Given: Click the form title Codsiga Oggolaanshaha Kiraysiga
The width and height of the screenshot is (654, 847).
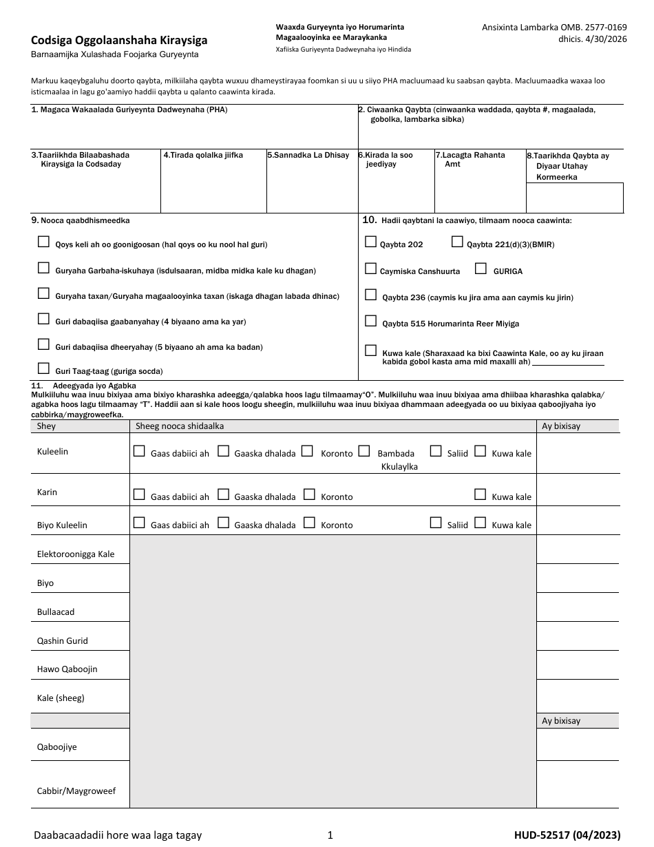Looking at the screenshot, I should point(119,41).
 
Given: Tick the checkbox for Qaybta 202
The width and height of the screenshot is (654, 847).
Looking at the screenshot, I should point(371,242).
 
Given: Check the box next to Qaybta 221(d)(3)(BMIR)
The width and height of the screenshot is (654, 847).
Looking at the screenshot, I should point(457,242).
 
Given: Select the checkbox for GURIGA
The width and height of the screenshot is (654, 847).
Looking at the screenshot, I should point(481,269).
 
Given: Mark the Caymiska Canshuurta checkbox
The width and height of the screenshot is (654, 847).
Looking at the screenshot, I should point(371,269).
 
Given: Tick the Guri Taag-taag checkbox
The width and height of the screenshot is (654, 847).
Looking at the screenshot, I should point(44,368).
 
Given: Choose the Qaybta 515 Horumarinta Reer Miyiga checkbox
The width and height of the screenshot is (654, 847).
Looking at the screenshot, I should point(371,321).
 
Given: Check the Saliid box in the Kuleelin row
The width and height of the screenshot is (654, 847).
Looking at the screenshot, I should point(436,451).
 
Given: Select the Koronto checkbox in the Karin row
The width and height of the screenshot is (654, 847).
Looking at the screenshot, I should point(309,494).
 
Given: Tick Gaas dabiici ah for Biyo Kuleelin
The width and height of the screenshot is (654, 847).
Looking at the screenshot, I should point(139,523).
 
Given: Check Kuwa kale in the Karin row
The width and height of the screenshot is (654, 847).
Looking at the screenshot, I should point(481,494).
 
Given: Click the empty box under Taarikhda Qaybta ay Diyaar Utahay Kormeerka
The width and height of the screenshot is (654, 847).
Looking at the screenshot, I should point(574,198).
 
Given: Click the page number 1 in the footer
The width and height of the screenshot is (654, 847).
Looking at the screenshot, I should point(330,835).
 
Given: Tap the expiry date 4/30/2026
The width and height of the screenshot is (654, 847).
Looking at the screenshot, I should point(602,39).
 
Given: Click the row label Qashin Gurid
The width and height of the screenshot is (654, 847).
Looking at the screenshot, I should point(63,640).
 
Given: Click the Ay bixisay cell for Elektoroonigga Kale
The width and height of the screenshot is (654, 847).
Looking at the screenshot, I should point(577,550).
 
